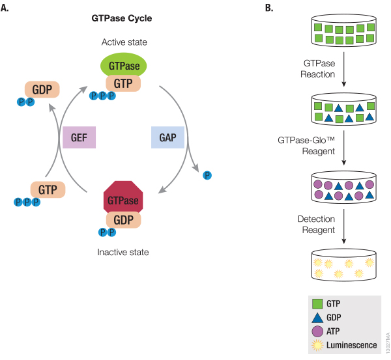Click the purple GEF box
click(80, 137)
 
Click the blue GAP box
click(167, 137)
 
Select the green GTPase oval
click(123, 65)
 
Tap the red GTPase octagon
click(123, 199)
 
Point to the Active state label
click(124, 42)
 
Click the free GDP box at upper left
click(42, 89)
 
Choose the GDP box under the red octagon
click(123, 219)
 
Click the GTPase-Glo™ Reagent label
click(315, 146)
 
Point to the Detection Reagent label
click(316, 225)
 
